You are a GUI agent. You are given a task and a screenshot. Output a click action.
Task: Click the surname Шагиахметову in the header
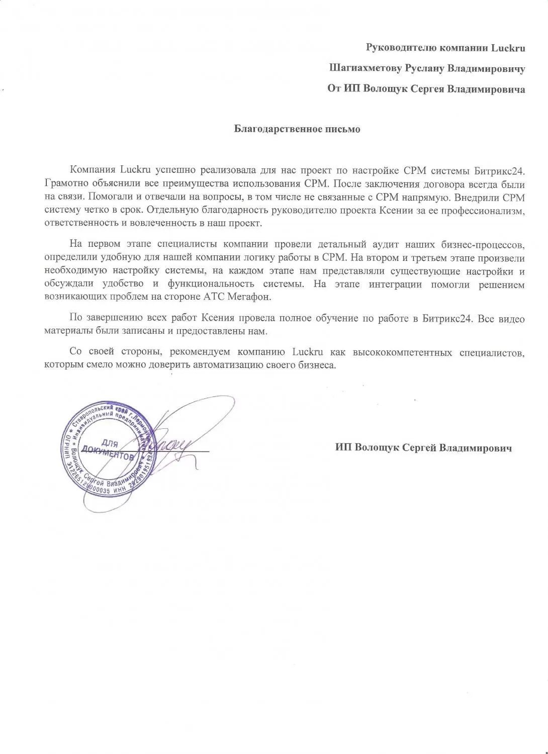(x=361, y=68)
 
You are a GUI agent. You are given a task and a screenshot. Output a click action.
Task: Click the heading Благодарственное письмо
(x=297, y=129)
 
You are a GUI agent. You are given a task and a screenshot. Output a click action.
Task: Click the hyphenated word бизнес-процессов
(x=484, y=245)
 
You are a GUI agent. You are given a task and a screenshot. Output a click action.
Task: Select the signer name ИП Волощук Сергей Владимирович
(x=423, y=448)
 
